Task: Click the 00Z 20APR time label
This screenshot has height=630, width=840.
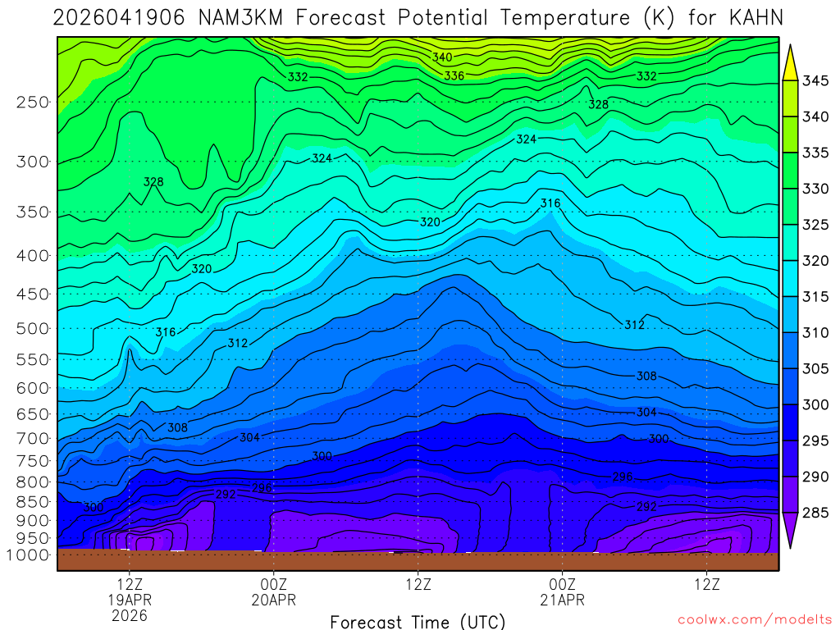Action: pos(273,592)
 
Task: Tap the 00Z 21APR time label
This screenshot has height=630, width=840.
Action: pos(562,592)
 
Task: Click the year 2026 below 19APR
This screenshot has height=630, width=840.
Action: pos(130,614)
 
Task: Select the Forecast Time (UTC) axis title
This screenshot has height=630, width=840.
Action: pos(418,621)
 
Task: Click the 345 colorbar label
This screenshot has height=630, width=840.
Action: pos(815,80)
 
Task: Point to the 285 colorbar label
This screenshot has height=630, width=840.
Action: pos(815,513)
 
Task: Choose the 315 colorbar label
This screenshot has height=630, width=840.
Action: pos(815,297)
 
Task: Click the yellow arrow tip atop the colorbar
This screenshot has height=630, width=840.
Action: pos(791,53)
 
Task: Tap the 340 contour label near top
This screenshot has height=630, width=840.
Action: pos(442,57)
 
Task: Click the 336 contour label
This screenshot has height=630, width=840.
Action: pos(454,75)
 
